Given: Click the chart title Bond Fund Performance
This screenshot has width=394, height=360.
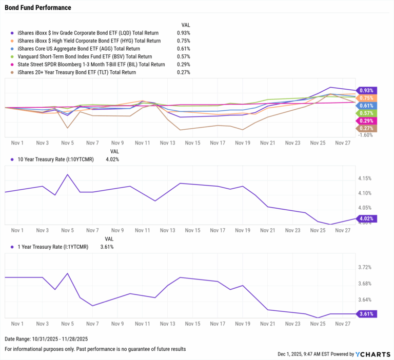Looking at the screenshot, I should click(38, 8).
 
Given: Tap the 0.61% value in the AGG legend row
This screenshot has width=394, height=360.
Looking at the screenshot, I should click(183, 49).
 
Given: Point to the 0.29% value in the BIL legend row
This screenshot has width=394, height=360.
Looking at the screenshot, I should click(183, 65).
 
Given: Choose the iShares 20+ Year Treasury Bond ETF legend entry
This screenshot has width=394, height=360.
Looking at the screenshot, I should click(77, 72).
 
